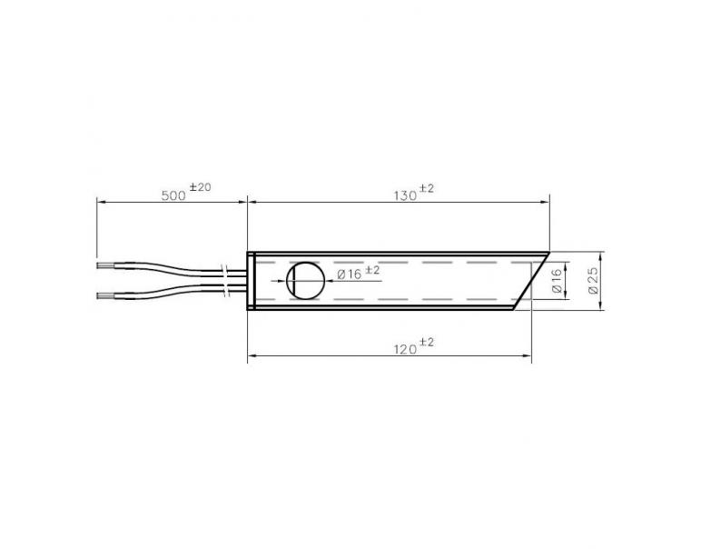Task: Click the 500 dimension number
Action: (x=173, y=195)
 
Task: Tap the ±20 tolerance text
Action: (x=200, y=187)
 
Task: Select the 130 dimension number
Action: (x=404, y=195)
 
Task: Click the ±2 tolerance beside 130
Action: (x=427, y=188)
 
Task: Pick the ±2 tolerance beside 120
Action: (x=427, y=341)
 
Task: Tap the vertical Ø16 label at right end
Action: (x=558, y=282)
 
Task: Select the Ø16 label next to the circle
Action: (x=349, y=274)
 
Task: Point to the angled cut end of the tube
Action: (x=532, y=280)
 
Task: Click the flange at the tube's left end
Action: (x=250, y=280)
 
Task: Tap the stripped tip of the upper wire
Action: (x=106, y=265)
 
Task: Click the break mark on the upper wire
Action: (x=224, y=272)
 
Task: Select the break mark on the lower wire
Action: (x=224, y=290)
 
